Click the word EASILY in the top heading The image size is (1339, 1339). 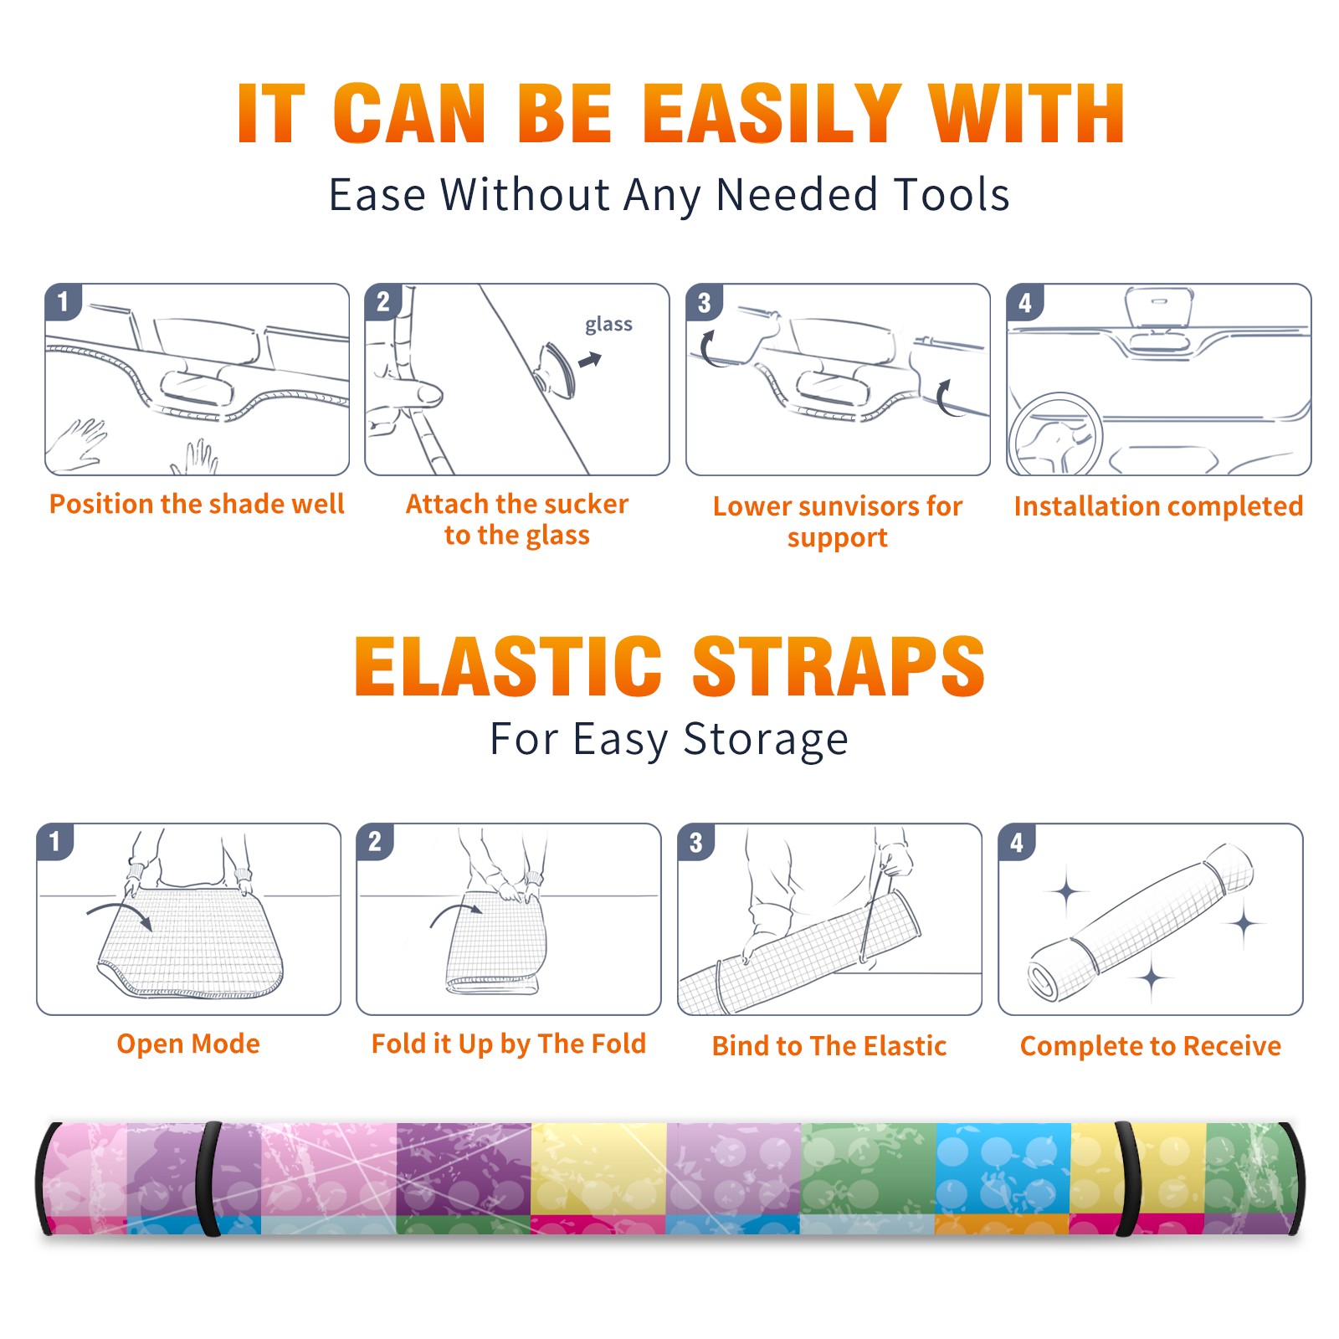click(772, 114)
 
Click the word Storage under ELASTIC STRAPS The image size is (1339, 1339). click(766, 740)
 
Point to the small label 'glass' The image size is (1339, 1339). click(608, 325)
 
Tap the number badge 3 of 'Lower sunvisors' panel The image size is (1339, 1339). click(705, 302)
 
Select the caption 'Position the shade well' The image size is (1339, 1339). click(197, 505)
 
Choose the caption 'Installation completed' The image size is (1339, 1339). click(1158, 506)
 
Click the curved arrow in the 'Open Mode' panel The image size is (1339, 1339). click(119, 915)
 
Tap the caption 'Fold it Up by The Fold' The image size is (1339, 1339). click(509, 1044)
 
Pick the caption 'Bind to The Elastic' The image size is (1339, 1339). click(829, 1046)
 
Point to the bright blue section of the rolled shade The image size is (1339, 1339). click(1003, 1167)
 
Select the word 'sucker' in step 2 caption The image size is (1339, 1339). click(586, 504)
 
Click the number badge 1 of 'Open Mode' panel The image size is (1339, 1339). click(55, 842)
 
